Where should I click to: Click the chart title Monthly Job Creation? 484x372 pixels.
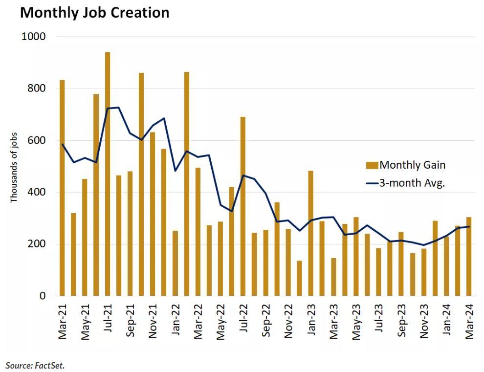click(x=95, y=13)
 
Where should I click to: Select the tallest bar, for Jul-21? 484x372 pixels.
click(x=108, y=174)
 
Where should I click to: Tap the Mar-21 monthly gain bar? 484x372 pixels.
click(x=62, y=188)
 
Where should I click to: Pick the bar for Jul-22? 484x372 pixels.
click(x=243, y=206)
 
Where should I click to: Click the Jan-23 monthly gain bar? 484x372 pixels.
click(x=310, y=233)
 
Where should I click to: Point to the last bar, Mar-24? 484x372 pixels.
click(x=468, y=257)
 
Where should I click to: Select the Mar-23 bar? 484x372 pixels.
click(x=333, y=277)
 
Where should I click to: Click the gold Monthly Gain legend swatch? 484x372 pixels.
click(x=372, y=165)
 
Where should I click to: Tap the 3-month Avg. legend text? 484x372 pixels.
click(x=412, y=183)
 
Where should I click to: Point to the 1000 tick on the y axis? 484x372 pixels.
click(x=33, y=37)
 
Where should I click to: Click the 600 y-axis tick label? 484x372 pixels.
click(x=37, y=140)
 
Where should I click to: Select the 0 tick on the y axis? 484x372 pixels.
click(x=43, y=296)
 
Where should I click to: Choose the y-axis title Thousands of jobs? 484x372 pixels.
click(x=14, y=168)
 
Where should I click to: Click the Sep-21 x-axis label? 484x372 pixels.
click(x=130, y=321)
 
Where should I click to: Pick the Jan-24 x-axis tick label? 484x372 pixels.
click(x=446, y=320)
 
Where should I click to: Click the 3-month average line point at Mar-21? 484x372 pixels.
click(x=63, y=144)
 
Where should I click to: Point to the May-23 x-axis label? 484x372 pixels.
click(x=356, y=322)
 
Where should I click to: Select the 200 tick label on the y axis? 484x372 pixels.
click(x=37, y=244)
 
